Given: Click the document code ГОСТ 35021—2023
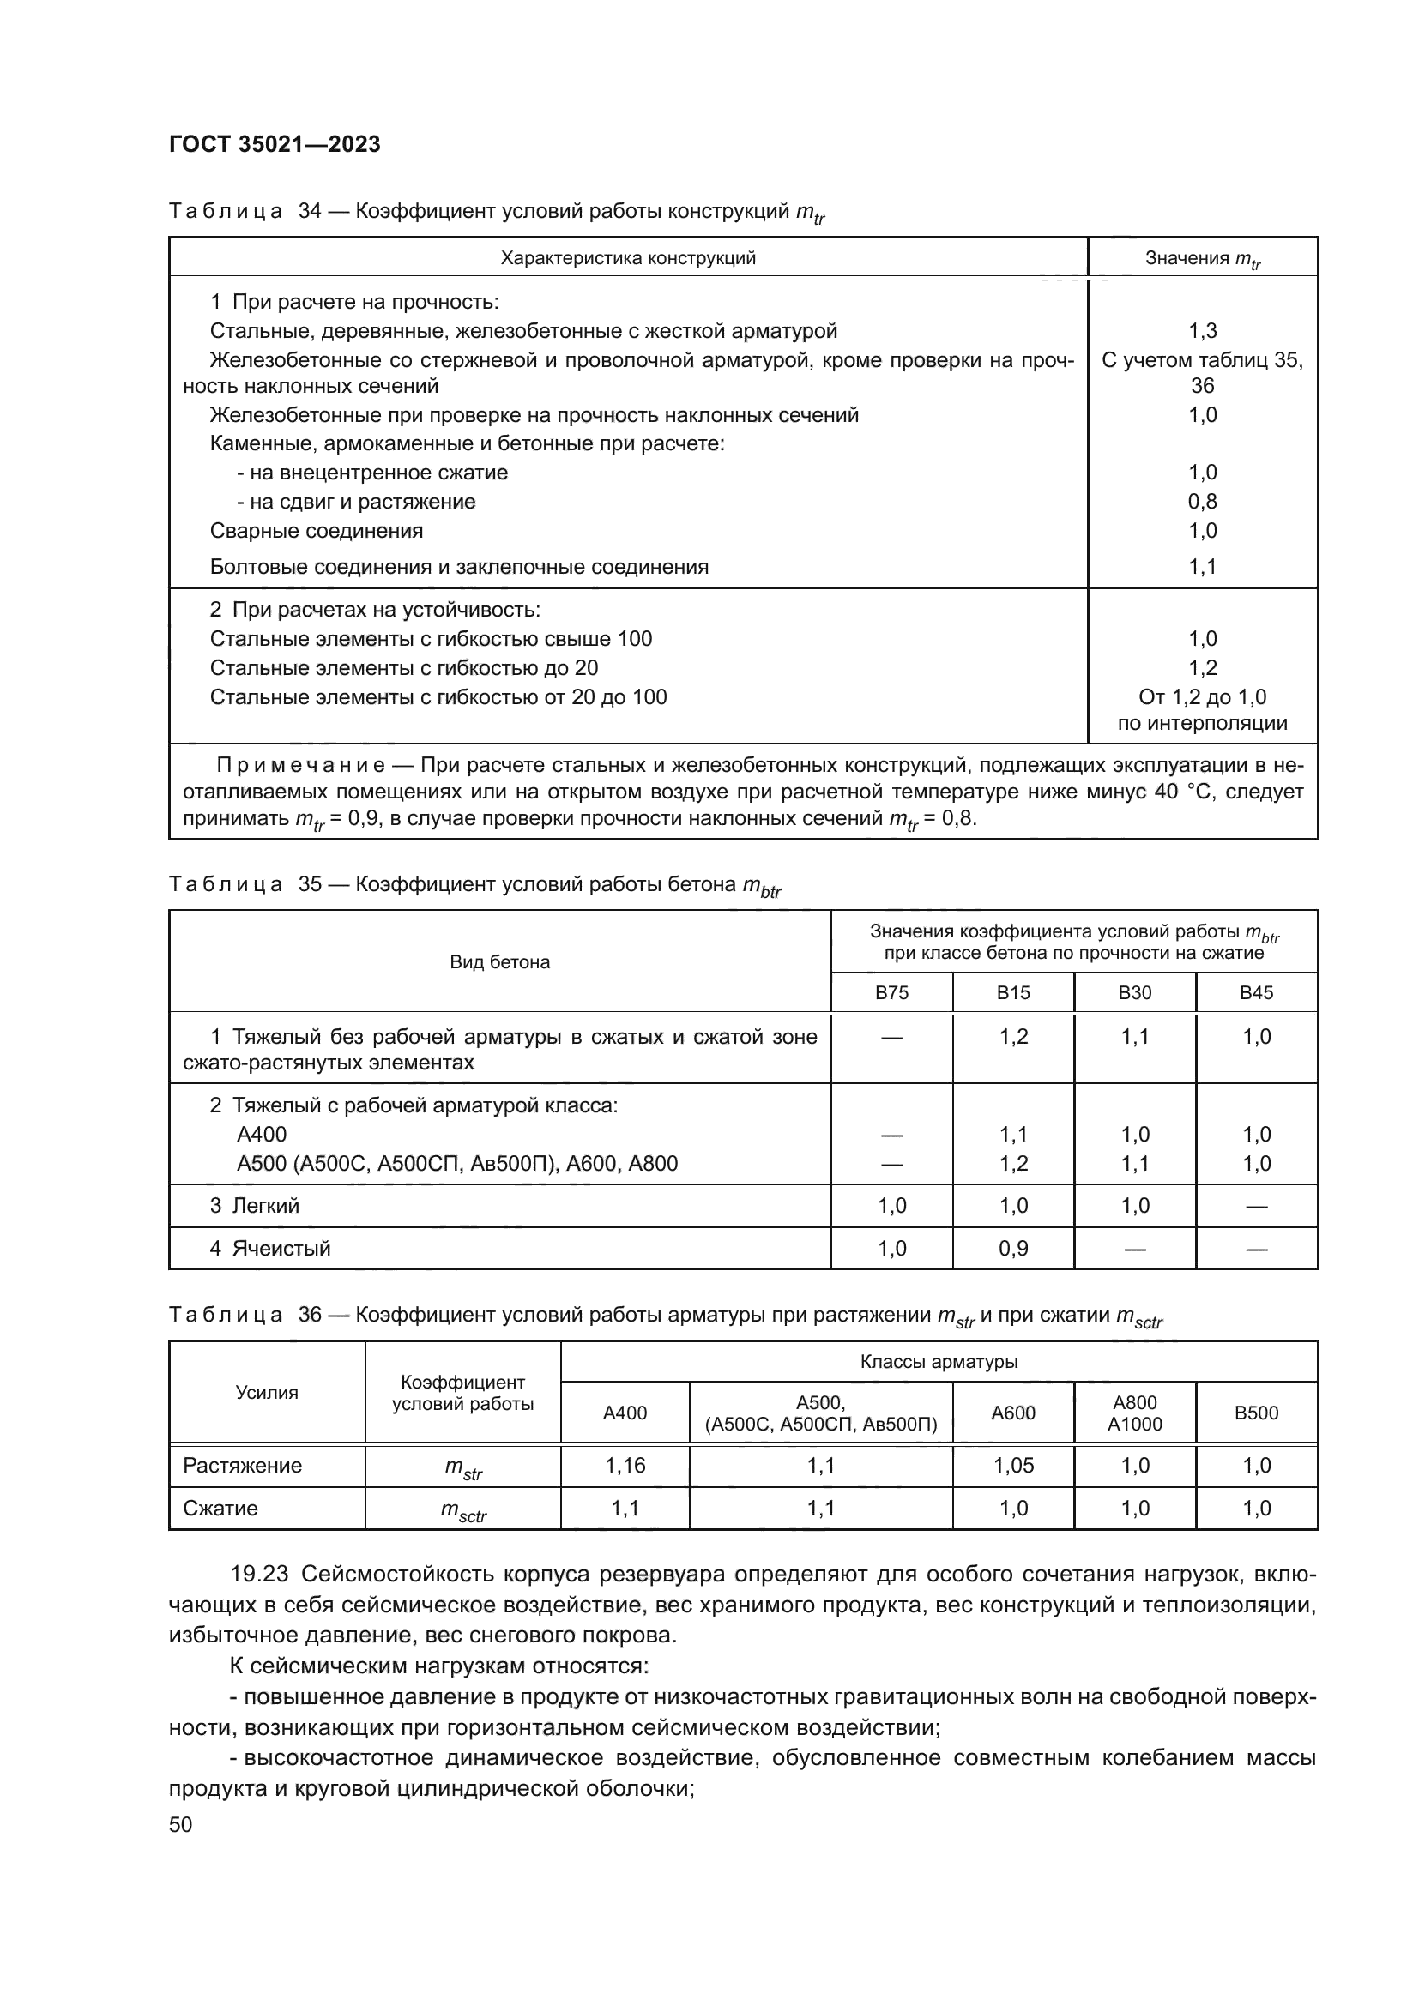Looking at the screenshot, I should point(275,145).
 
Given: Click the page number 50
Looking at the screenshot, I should point(181,1824).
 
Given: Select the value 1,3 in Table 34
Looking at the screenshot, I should point(1202,331).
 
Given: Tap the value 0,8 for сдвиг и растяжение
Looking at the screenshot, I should point(1202,502).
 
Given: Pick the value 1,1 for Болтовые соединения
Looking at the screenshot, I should point(1202,567).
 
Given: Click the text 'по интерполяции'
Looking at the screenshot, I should point(1202,724).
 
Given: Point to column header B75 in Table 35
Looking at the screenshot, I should point(891,992).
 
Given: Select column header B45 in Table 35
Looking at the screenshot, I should point(1257,992).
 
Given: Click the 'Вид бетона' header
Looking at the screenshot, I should point(500,963).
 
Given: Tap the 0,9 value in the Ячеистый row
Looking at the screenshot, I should point(1013,1249).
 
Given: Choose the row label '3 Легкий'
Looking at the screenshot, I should point(254,1206).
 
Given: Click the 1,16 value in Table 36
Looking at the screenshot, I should point(625,1465).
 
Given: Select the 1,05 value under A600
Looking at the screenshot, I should point(1013,1465).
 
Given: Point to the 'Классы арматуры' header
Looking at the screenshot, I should point(939,1362).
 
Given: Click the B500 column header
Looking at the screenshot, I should point(1257,1413).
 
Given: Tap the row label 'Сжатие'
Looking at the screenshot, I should point(220,1509).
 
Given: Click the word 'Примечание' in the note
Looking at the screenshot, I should point(300,766).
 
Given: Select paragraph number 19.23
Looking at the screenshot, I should point(258,1575).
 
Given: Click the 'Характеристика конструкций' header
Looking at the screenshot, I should point(627,259).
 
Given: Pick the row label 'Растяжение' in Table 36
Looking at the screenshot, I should point(242,1465).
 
